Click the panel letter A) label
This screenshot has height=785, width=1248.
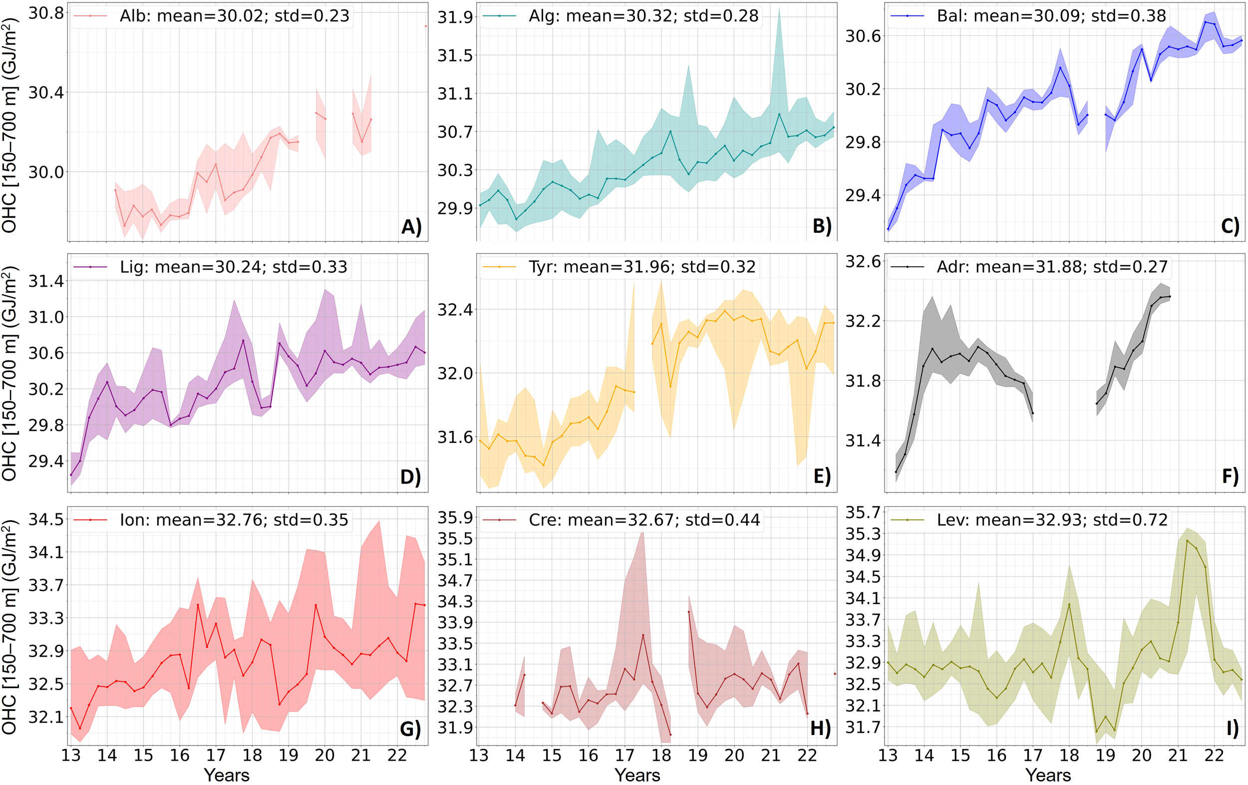[411, 227]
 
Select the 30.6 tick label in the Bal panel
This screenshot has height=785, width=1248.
[863, 36]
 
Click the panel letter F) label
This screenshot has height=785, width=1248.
[1230, 475]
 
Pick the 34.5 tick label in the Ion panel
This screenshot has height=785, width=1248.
[45, 519]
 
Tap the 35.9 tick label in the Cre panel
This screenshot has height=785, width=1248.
[455, 517]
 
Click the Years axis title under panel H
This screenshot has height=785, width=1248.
[637, 775]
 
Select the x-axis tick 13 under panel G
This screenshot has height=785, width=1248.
[71, 755]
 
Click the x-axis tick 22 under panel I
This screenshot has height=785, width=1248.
[1214, 755]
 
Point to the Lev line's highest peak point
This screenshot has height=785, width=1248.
[1187, 541]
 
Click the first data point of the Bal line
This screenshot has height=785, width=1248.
[888, 229]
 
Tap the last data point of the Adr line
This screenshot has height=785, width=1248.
[1170, 297]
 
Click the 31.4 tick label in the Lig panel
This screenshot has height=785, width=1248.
[45, 282]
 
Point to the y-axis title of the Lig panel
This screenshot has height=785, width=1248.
[10, 374]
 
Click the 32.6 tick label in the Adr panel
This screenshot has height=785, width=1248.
[863, 262]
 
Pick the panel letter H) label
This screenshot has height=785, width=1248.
[820, 729]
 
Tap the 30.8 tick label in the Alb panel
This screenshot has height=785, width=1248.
[45, 13]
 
